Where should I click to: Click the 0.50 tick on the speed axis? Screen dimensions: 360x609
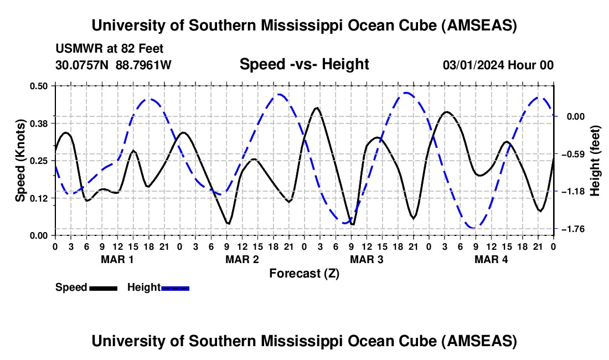pos(40,85)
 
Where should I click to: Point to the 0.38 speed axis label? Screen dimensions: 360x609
pos(40,123)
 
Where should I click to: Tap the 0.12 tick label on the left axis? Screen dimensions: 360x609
pos(40,198)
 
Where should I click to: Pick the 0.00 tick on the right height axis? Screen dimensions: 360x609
pos(573,116)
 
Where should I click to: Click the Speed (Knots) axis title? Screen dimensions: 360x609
pos(20,161)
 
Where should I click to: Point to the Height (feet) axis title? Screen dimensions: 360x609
pos(595,161)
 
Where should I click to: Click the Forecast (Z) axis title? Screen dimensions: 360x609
pos(304,273)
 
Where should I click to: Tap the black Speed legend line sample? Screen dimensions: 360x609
pos(103,287)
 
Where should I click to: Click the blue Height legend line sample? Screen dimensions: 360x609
pos(175,287)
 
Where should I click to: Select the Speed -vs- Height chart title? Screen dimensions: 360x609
pos(304,64)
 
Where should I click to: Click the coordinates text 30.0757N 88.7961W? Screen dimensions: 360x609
pos(113,65)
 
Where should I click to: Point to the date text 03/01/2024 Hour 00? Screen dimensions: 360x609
pos(498,65)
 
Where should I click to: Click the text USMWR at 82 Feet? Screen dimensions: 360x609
pos(110,49)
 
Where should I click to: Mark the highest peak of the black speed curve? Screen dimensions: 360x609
pos(317,107)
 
